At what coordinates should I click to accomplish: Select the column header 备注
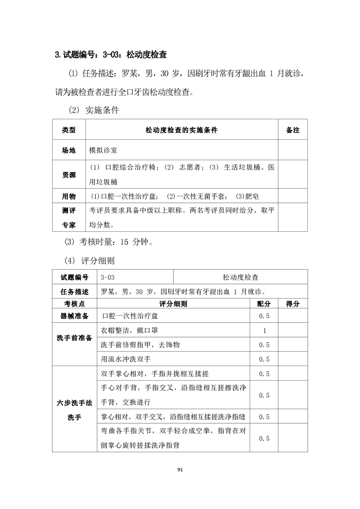pyautogui.click(x=293, y=130)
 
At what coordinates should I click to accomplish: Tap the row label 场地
pyautogui.click(x=69, y=150)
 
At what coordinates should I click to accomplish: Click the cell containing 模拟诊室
pyautogui.click(x=104, y=150)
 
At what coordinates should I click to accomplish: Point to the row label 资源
pyautogui.click(x=69, y=175)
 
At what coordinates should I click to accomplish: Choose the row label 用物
pyautogui.click(x=69, y=196)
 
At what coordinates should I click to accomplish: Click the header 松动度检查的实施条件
pyautogui.click(x=182, y=130)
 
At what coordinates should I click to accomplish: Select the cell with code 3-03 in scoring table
pyautogui.click(x=108, y=277)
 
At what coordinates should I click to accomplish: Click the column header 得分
pyautogui.click(x=293, y=303)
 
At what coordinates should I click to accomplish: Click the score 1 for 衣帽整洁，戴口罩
pyautogui.click(x=264, y=331)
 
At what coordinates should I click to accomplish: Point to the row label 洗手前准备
pyautogui.click(x=74, y=338)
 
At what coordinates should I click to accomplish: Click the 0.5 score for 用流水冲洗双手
pyautogui.click(x=264, y=359)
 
